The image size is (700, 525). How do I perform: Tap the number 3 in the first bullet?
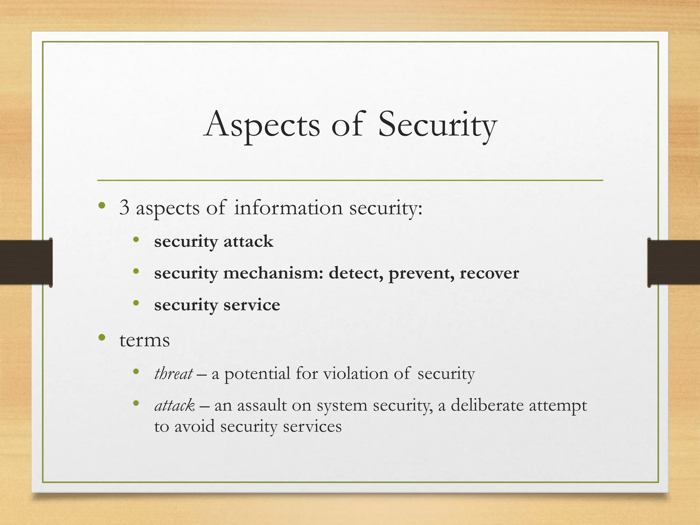click(124, 207)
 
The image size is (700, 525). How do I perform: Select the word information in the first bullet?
click(288, 207)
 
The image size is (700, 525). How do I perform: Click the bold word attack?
click(248, 241)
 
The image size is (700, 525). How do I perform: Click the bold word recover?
click(489, 273)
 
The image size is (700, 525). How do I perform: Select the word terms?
click(144, 340)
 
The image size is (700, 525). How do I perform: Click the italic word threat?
click(173, 373)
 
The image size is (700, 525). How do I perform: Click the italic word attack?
click(174, 406)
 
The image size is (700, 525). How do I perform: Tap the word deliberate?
click(487, 406)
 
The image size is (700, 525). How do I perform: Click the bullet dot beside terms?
click(102, 338)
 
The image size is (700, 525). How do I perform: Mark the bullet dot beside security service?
click(136, 302)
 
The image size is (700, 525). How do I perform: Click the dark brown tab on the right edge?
click(674, 262)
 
